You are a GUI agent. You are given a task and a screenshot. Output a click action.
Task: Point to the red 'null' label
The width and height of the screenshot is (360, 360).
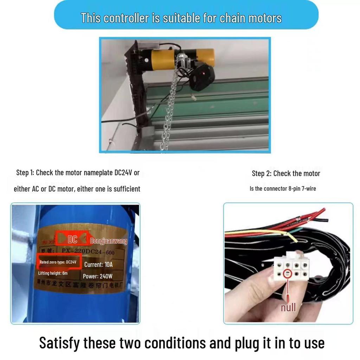click(x=288, y=308)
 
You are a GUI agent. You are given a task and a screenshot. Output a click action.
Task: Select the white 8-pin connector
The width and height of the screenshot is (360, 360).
click(x=291, y=267)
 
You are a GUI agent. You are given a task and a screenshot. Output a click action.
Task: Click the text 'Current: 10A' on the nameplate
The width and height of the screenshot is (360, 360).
click(x=98, y=264)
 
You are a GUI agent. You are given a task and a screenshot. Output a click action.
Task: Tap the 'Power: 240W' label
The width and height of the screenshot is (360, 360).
click(x=97, y=276)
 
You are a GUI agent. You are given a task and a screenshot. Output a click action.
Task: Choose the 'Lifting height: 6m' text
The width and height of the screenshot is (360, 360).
click(x=53, y=273)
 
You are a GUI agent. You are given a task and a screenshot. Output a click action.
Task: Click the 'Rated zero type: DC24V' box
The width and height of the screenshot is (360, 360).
click(x=58, y=262)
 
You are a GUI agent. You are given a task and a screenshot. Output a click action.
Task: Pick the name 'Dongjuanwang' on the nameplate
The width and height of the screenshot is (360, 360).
click(x=109, y=242)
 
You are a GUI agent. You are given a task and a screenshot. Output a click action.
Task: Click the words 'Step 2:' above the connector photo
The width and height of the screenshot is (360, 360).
click(x=262, y=173)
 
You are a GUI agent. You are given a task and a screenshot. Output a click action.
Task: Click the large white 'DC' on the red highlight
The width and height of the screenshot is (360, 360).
click(x=72, y=240)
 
